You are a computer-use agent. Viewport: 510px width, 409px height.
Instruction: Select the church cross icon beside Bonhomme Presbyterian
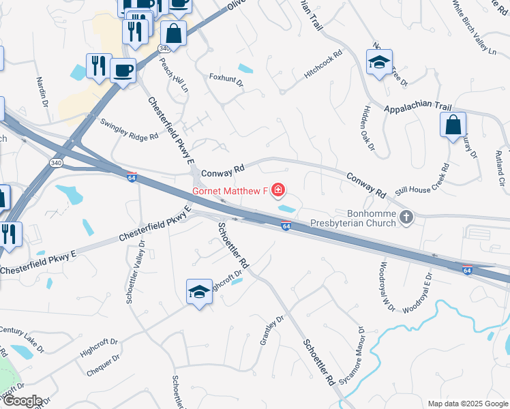pyautogui.click(x=406, y=217)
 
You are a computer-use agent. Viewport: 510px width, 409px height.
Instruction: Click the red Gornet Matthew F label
pyautogui.click(x=230, y=191)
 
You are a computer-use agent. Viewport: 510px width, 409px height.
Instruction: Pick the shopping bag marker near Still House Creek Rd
pyautogui.click(x=453, y=125)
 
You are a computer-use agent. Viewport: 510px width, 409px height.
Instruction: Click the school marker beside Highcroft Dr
pyautogui.click(x=198, y=292)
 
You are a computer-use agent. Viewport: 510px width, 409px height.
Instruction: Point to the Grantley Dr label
pyautogui.click(x=271, y=330)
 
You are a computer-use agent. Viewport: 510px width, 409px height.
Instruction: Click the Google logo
pyautogui.click(x=22, y=401)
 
